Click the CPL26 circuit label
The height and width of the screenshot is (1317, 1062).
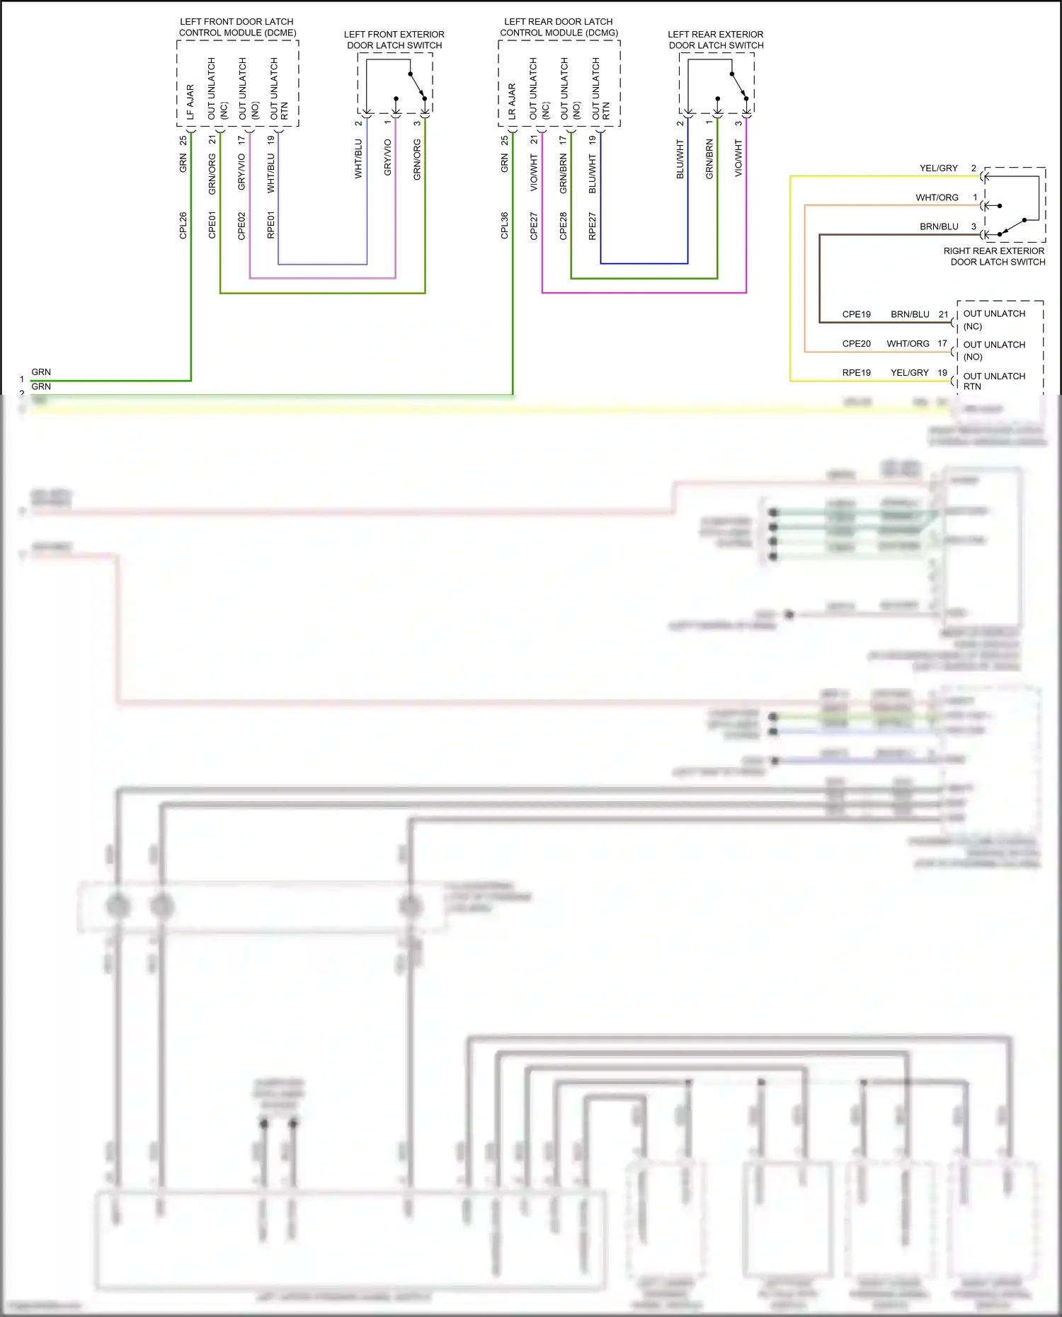[183, 225]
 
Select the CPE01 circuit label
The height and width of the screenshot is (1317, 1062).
[212, 225]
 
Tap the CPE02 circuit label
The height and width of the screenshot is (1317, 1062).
[241, 225]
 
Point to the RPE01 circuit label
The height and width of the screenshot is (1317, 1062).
[270, 225]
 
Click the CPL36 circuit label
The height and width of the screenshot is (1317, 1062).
[505, 225]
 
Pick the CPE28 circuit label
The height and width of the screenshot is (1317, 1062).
[564, 226]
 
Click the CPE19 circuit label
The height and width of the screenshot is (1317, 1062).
[856, 314]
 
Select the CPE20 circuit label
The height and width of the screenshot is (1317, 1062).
[856, 344]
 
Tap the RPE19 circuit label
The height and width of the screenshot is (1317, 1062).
[856, 373]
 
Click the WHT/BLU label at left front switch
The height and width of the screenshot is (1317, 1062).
[358, 159]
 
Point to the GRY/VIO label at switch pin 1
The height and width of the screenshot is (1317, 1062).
[387, 158]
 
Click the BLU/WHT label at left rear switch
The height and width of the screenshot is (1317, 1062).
[680, 159]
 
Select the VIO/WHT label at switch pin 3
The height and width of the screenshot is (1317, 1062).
[738, 158]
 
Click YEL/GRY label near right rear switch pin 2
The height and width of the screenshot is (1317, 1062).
[938, 168]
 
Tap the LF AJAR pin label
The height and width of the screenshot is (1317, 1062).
[190, 101]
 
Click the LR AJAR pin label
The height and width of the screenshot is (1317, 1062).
[512, 101]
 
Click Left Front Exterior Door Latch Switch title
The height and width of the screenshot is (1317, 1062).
[394, 40]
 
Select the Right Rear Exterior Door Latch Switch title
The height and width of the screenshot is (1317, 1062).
[994, 256]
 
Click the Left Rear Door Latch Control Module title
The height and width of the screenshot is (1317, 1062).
[559, 27]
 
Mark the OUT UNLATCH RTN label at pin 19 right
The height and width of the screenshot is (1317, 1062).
[993, 381]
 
